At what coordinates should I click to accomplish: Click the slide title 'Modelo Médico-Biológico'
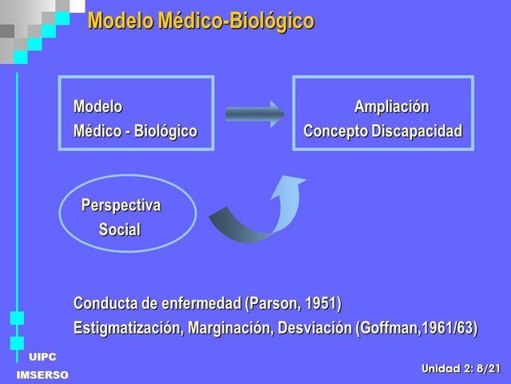200,22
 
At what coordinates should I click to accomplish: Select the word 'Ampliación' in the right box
391,107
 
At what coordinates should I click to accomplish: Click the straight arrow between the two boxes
254,114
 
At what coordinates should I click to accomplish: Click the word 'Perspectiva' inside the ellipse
121,206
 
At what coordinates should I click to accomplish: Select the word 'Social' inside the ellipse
120,230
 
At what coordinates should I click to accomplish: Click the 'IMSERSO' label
42,375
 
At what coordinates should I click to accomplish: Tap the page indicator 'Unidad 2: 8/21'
461,368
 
